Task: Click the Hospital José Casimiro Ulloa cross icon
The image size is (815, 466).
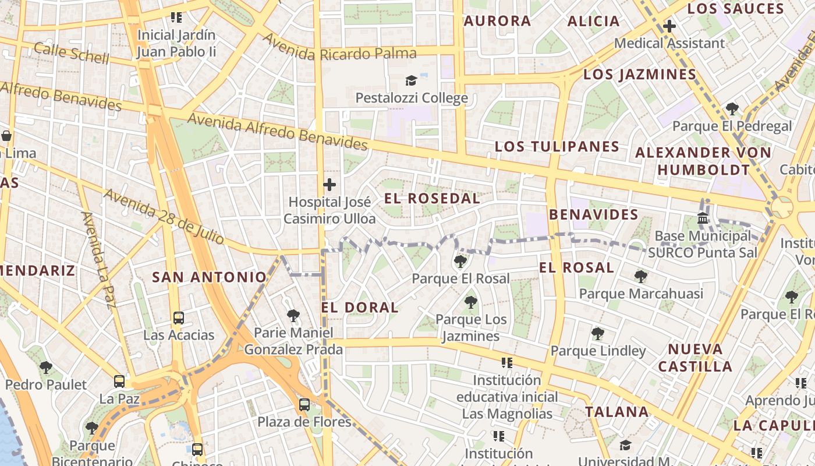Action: coord(329,185)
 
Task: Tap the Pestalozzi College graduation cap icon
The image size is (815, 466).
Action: coord(412,80)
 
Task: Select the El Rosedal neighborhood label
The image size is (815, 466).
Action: coord(432,199)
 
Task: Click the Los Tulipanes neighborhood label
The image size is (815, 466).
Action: coord(557,146)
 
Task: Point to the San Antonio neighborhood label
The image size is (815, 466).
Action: coord(209,277)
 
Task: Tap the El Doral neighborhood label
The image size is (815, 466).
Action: coord(360,308)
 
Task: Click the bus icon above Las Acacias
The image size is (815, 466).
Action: coord(179,318)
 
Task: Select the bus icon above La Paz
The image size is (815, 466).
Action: coord(119,382)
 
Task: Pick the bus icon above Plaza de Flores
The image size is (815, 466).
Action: coord(304,405)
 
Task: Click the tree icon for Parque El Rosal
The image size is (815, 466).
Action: coord(460,262)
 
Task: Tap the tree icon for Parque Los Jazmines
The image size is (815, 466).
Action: coord(471,302)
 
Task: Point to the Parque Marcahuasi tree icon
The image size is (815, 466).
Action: coord(641,276)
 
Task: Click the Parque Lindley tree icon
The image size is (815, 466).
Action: coord(597,334)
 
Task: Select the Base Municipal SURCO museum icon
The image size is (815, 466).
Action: coord(703,219)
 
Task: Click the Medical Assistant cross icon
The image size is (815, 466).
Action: coord(669,26)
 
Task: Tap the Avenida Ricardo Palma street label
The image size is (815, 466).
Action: coord(339,48)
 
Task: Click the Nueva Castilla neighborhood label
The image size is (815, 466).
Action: coord(694,358)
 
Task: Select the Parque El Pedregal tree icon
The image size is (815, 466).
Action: coord(732,109)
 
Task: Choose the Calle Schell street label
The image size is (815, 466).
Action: coord(71,53)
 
